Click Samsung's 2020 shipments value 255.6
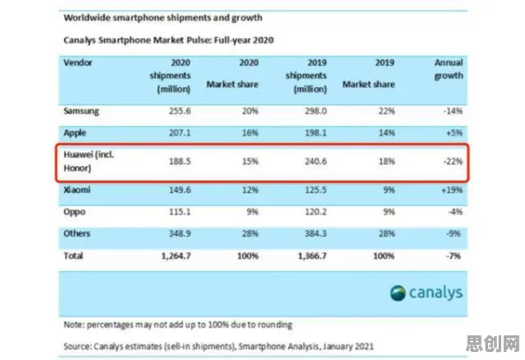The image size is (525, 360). point(180,111)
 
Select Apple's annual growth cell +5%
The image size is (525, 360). point(454,133)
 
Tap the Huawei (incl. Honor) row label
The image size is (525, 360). point(89,161)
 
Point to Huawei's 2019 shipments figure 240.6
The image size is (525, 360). point(315,161)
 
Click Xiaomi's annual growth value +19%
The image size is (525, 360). point(452,190)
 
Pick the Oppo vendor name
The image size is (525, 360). point(74,212)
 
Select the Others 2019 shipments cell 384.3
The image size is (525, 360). point(315,233)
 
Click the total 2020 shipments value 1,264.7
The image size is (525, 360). point(176,256)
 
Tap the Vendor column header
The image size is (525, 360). point(78,62)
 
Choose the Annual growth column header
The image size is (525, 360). point(448,70)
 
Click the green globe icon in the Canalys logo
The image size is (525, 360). point(398,293)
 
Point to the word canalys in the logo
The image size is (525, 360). point(436,293)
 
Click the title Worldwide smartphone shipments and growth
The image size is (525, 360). point(163,18)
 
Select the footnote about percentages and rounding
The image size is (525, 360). point(178,325)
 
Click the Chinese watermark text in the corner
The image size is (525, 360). point(492,343)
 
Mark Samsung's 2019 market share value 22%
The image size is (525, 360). point(387,111)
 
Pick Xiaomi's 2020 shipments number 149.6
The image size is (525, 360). point(180,190)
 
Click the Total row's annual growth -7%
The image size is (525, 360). point(454,256)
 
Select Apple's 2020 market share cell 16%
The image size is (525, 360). point(250,133)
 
